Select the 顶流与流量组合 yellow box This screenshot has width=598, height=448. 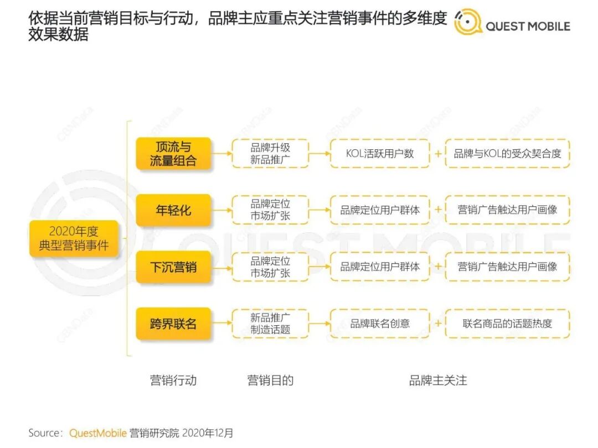click(173, 154)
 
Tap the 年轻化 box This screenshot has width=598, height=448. click(173, 210)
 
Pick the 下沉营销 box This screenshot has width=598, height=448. click(173, 267)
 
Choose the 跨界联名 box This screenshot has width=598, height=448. click(173, 324)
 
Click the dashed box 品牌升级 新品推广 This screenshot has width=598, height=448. click(270, 154)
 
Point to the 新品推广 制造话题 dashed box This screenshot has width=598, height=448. click(270, 324)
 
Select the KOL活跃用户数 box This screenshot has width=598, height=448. click(380, 154)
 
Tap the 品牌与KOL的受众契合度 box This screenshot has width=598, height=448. click(507, 154)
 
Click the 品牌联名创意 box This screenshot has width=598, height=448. click(380, 324)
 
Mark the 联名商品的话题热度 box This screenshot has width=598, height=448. click(507, 324)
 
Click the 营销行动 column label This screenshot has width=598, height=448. click(173, 381)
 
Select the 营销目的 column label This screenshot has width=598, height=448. click(270, 381)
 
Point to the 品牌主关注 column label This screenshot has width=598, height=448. click(438, 381)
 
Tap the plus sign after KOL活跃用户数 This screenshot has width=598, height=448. click(438, 154)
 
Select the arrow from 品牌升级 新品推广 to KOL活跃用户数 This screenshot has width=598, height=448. click(319, 154)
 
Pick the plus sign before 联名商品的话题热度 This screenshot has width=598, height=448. click(438, 324)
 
